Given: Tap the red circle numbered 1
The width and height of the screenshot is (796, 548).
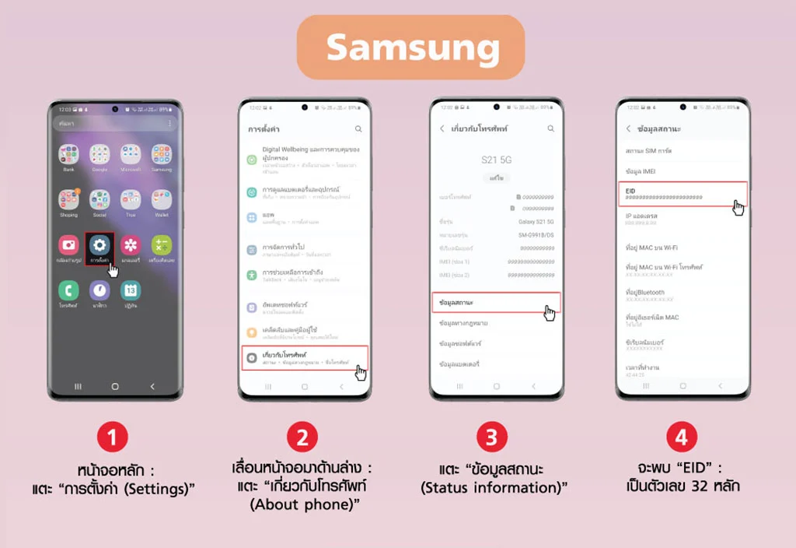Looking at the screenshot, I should click(x=113, y=437).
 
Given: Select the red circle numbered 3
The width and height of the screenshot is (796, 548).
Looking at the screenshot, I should click(x=491, y=437).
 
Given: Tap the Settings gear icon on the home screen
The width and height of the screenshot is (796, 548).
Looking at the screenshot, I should click(x=99, y=245).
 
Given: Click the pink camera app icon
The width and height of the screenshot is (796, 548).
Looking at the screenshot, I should click(x=68, y=245).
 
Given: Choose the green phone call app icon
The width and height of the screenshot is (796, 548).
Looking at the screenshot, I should click(x=68, y=290).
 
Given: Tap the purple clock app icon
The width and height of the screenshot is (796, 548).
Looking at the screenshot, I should click(x=99, y=290).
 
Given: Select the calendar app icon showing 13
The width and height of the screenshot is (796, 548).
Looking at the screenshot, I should click(x=131, y=290).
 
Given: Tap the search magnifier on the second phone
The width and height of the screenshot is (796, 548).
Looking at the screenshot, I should click(x=358, y=128).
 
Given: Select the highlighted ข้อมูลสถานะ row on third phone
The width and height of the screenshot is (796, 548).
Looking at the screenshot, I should click(x=494, y=302).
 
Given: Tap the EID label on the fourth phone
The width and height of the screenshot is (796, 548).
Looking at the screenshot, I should click(x=630, y=189).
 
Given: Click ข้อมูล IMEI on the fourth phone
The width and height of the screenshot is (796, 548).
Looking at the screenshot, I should click(x=641, y=170).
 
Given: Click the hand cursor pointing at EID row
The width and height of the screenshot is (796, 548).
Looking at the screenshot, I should click(x=738, y=207).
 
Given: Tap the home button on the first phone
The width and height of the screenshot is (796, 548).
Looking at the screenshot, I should click(x=115, y=386).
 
